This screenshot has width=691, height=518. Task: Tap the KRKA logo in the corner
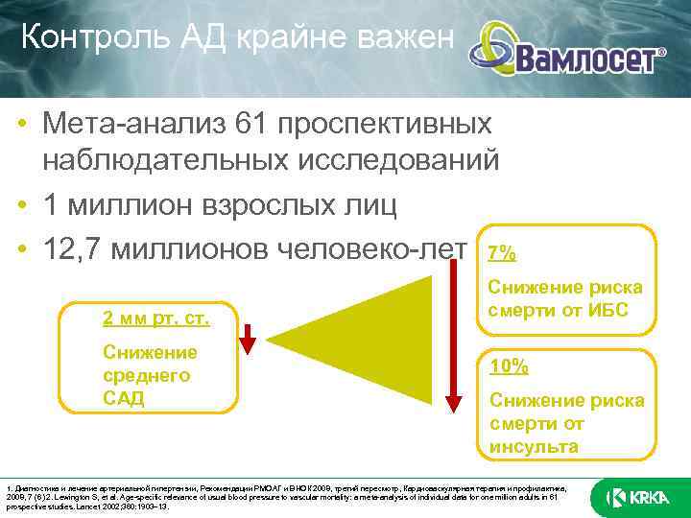pos(636,497)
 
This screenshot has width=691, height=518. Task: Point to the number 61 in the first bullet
pos(287,124)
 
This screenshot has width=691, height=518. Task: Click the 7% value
pos(502,253)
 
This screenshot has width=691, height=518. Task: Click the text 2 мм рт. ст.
pos(155,318)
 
